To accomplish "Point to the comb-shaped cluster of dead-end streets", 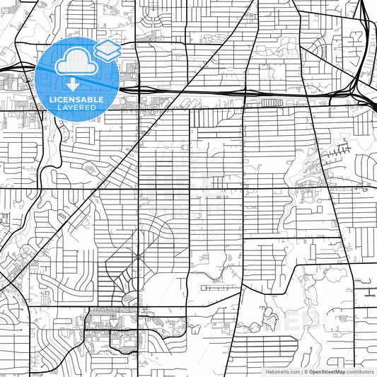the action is coord(338,151).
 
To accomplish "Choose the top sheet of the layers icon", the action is coord(106,45).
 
